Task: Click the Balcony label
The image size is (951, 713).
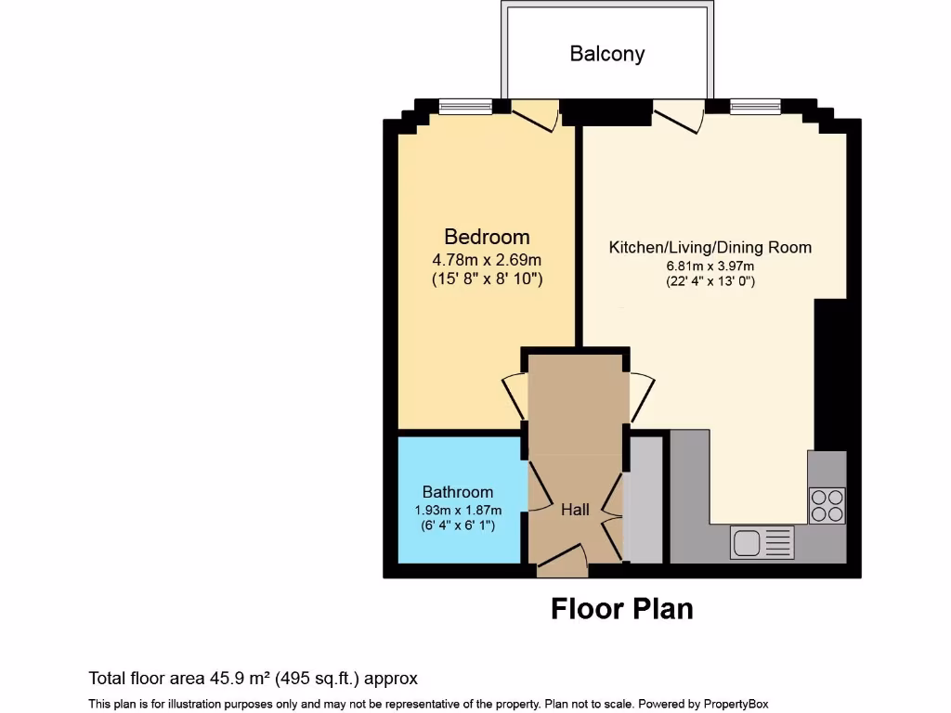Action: (606, 54)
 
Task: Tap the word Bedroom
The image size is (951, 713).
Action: (487, 237)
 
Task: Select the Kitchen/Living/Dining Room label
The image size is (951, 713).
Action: (710, 247)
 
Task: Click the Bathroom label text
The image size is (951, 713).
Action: (458, 492)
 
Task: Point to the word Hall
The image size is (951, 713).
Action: (575, 510)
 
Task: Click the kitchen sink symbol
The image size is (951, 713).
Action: (762, 542)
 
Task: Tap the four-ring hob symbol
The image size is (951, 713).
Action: (827, 505)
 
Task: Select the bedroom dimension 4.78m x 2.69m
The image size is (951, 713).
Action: (487, 259)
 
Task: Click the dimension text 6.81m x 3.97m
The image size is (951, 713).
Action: (710, 266)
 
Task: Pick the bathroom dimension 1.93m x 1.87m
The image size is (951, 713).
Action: (458, 510)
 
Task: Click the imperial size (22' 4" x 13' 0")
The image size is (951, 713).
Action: (710, 280)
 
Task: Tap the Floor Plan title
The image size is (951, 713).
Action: (621, 609)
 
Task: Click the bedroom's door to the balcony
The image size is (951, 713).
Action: (535, 113)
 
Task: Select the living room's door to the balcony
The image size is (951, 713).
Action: (678, 113)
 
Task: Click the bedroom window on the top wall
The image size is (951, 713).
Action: (465, 107)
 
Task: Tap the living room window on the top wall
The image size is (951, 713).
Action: (755, 107)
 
